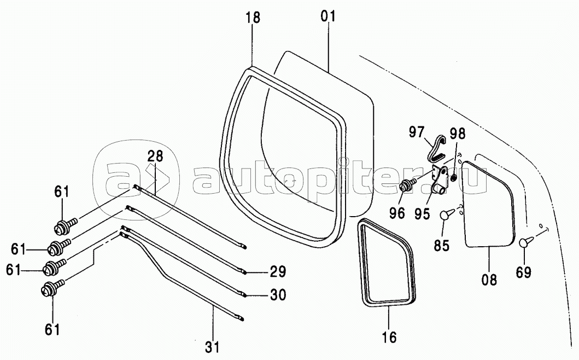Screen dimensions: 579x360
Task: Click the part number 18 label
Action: point(253,18)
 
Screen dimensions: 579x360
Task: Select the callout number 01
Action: point(328,16)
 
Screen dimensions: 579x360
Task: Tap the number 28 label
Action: point(155,156)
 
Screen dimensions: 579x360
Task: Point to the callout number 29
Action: point(278,272)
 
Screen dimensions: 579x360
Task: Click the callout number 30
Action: point(278,295)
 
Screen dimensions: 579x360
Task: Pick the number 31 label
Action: point(212,347)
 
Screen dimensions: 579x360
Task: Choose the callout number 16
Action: point(390,337)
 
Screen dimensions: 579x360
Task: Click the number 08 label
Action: point(489,280)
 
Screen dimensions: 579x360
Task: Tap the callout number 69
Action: point(524,272)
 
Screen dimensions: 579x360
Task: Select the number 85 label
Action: point(442,246)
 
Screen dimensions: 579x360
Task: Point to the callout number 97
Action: point(417,132)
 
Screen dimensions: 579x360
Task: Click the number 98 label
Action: point(458,134)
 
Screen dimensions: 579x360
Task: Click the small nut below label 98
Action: point(454,179)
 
